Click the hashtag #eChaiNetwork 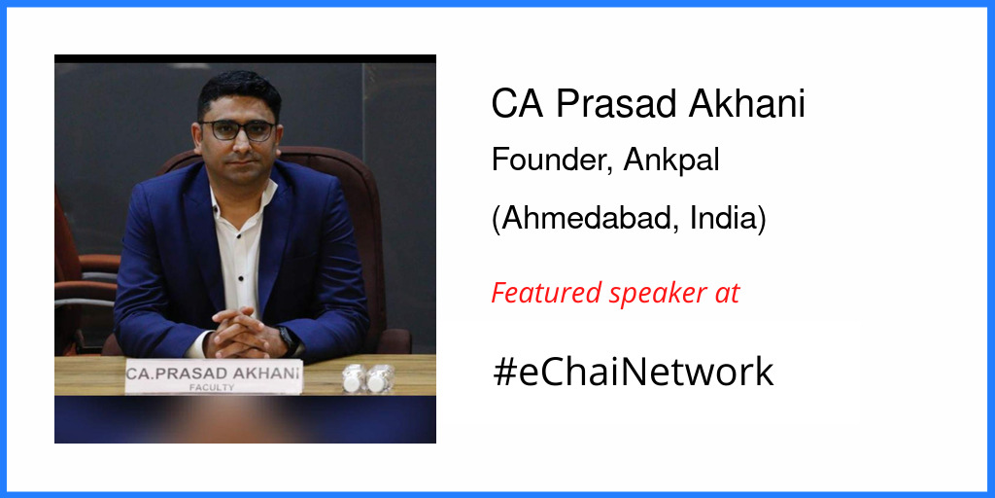pos(633,373)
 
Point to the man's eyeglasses pos(238,130)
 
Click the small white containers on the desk pos(367,377)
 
